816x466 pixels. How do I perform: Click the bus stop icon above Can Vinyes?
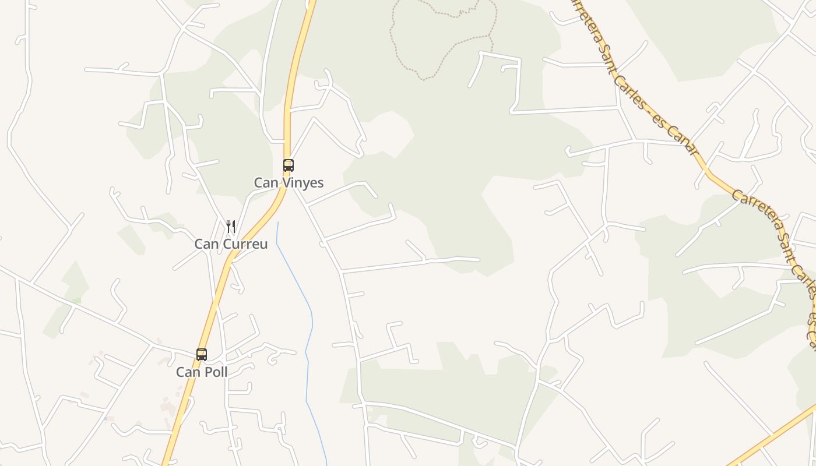(289, 165)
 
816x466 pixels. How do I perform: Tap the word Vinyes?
(303, 183)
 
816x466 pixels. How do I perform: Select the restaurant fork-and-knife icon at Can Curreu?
(231, 227)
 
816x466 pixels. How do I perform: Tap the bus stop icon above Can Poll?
(202, 354)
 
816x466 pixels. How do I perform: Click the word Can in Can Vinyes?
(266, 183)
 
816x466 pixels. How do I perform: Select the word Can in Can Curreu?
(206, 244)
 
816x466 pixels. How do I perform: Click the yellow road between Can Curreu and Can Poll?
(216, 303)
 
